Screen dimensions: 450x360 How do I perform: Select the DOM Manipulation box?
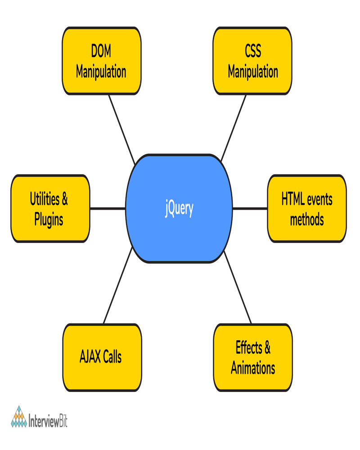pos(101,61)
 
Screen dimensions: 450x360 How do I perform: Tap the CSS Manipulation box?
pos(252,61)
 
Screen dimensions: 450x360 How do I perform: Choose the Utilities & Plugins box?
pos(49,209)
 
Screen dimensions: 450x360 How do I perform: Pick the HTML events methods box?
pos(307,209)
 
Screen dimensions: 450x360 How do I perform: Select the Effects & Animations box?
pos(253,358)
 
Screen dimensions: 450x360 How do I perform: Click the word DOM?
pos(101,51)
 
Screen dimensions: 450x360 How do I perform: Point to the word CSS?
pos(253,51)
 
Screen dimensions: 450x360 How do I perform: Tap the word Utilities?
pos(44,199)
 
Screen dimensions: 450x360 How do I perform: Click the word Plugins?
pos(49,220)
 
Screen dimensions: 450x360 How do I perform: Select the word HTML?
pos(293,199)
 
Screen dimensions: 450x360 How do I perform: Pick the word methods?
pos(307,220)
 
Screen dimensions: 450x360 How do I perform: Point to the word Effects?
pos(248,348)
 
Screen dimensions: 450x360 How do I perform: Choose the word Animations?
pos(253,368)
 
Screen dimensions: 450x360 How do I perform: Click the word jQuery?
pos(179,209)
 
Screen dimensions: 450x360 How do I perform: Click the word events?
pos(320,199)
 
